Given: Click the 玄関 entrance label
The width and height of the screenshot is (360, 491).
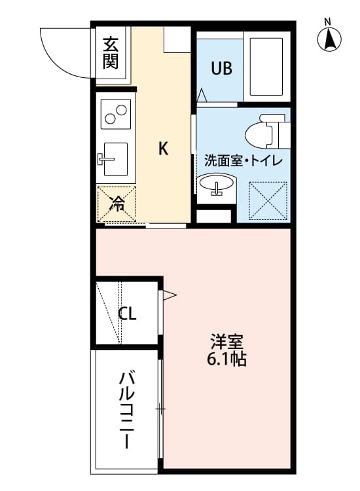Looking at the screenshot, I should coord(111,53).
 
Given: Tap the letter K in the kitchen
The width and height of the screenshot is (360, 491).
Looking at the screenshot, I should coord(163,149).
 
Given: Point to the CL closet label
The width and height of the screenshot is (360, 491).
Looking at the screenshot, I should coord(127,314).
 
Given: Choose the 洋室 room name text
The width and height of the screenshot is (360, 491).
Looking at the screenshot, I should coord(227,342).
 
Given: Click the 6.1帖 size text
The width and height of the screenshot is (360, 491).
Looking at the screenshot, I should coord(227,359).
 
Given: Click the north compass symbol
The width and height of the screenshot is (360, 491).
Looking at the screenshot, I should coord(330,41).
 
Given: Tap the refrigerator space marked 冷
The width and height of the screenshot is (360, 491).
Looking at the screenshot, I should coord(116,204).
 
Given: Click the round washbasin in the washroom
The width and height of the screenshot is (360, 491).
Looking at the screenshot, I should coord(215,185).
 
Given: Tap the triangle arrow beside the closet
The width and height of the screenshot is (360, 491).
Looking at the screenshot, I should coord(170,296).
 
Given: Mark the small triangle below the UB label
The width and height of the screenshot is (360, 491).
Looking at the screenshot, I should coord(202,96).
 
